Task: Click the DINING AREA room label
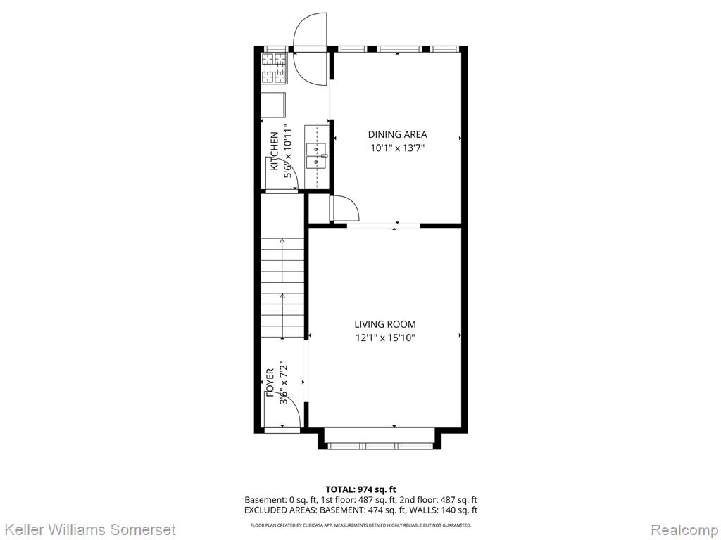click(x=397, y=134)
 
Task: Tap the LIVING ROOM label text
click(x=385, y=324)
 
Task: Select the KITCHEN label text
click(x=274, y=151)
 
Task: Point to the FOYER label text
click(x=270, y=382)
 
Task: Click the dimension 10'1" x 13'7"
click(x=397, y=148)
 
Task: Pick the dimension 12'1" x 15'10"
click(x=385, y=338)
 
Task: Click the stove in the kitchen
click(x=274, y=68)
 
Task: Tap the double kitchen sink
click(x=317, y=156)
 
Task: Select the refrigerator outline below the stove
click(x=274, y=105)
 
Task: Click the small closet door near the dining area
click(x=345, y=208)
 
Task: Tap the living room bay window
click(x=380, y=445)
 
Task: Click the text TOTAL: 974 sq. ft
click(x=360, y=489)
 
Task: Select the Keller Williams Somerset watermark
click(x=88, y=529)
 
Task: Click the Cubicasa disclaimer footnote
click(x=360, y=525)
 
